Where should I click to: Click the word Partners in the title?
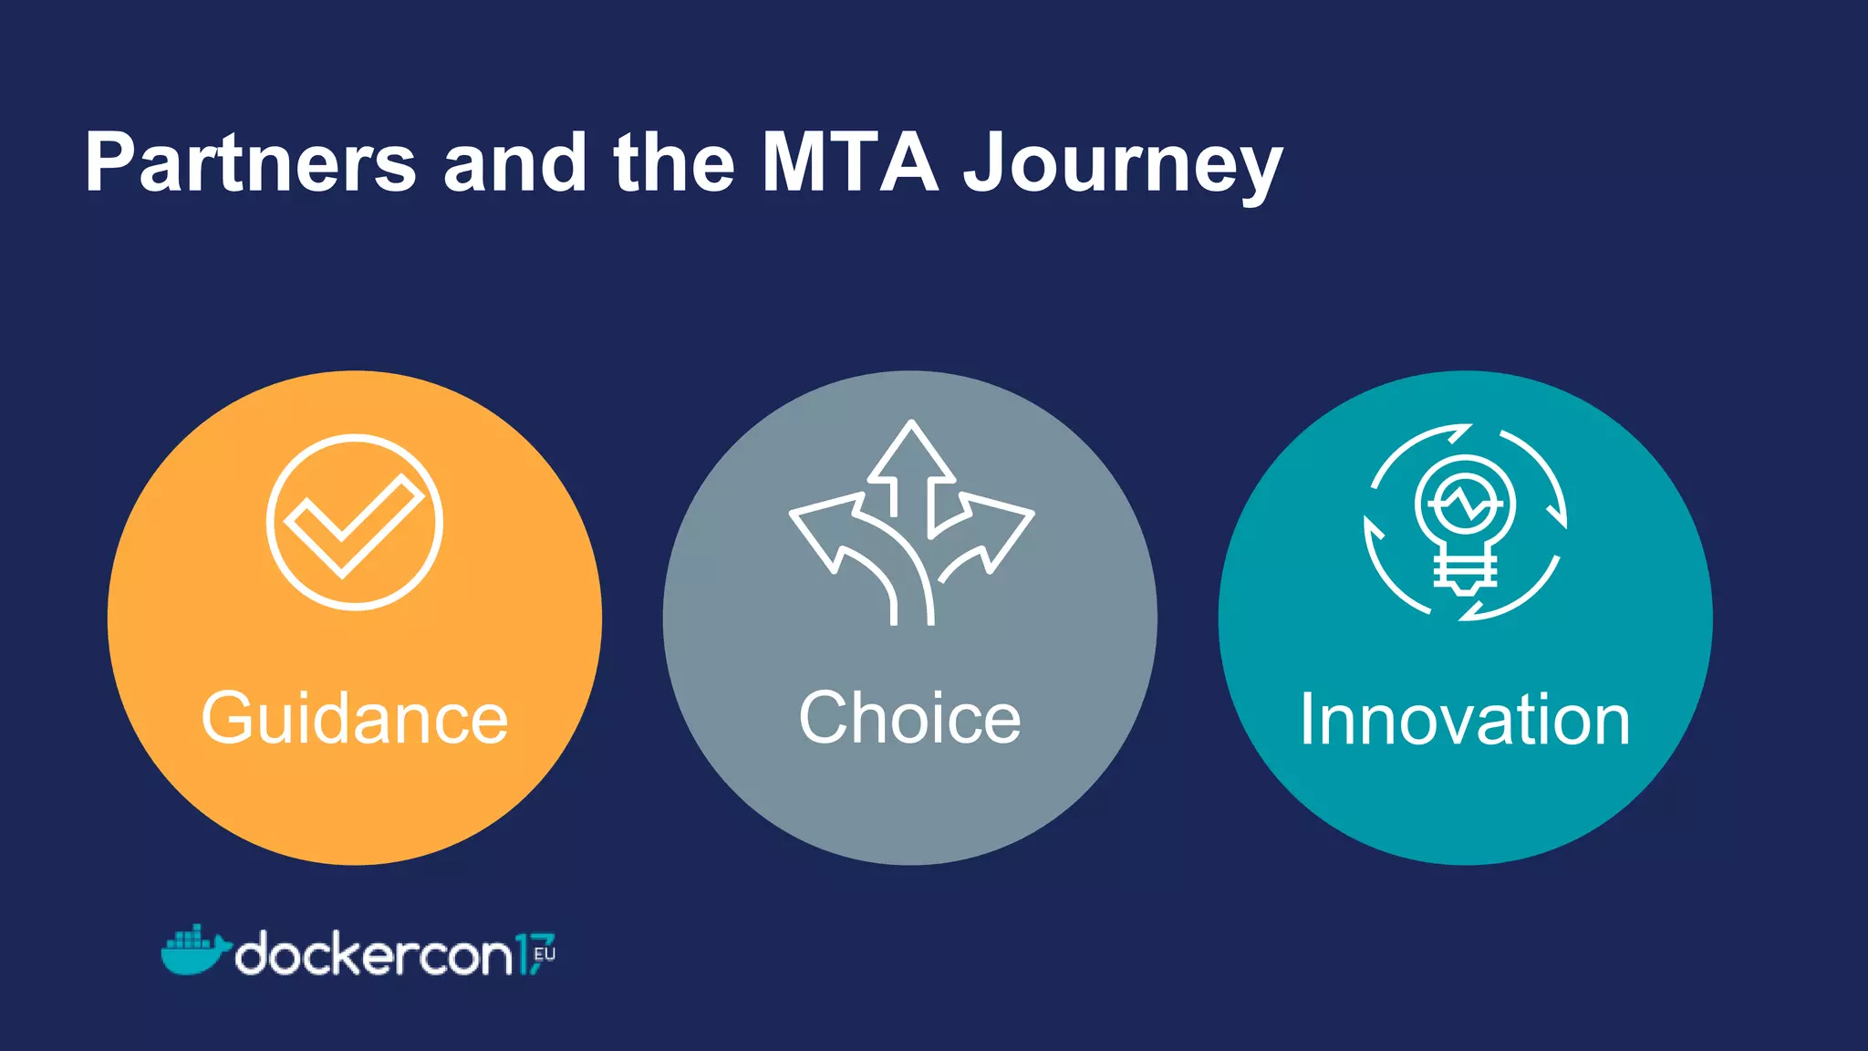click(x=250, y=164)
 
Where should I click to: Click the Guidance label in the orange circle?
click(x=354, y=719)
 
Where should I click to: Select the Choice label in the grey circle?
click(x=909, y=719)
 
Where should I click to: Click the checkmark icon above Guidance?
click(x=354, y=522)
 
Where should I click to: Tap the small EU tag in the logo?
click(x=545, y=954)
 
